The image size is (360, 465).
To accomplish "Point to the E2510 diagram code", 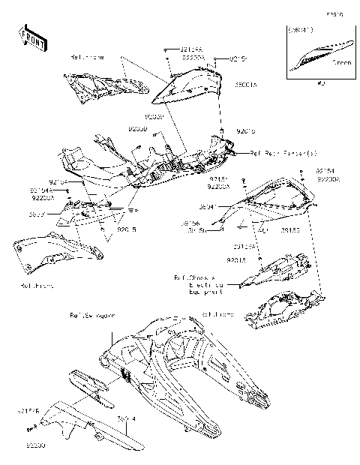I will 334,13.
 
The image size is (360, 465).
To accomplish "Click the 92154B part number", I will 27,411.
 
